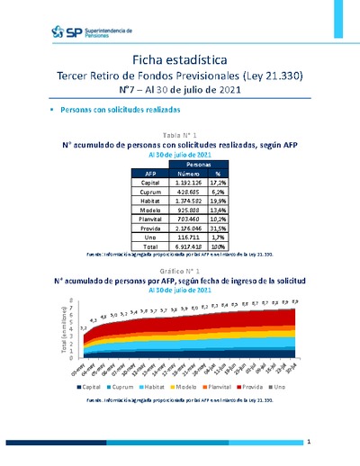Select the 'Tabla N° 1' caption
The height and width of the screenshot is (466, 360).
[180, 133]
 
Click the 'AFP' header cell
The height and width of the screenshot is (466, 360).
[150, 174]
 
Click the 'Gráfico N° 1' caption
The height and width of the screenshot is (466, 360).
[180, 271]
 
